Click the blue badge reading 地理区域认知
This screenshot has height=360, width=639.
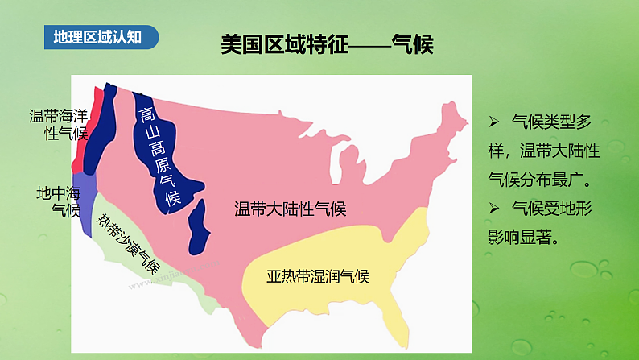coord(101,37)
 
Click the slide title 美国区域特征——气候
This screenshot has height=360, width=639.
coord(327,45)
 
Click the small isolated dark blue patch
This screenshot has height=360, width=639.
coord(199,226)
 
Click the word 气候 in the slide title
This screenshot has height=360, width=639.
coord(413,45)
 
